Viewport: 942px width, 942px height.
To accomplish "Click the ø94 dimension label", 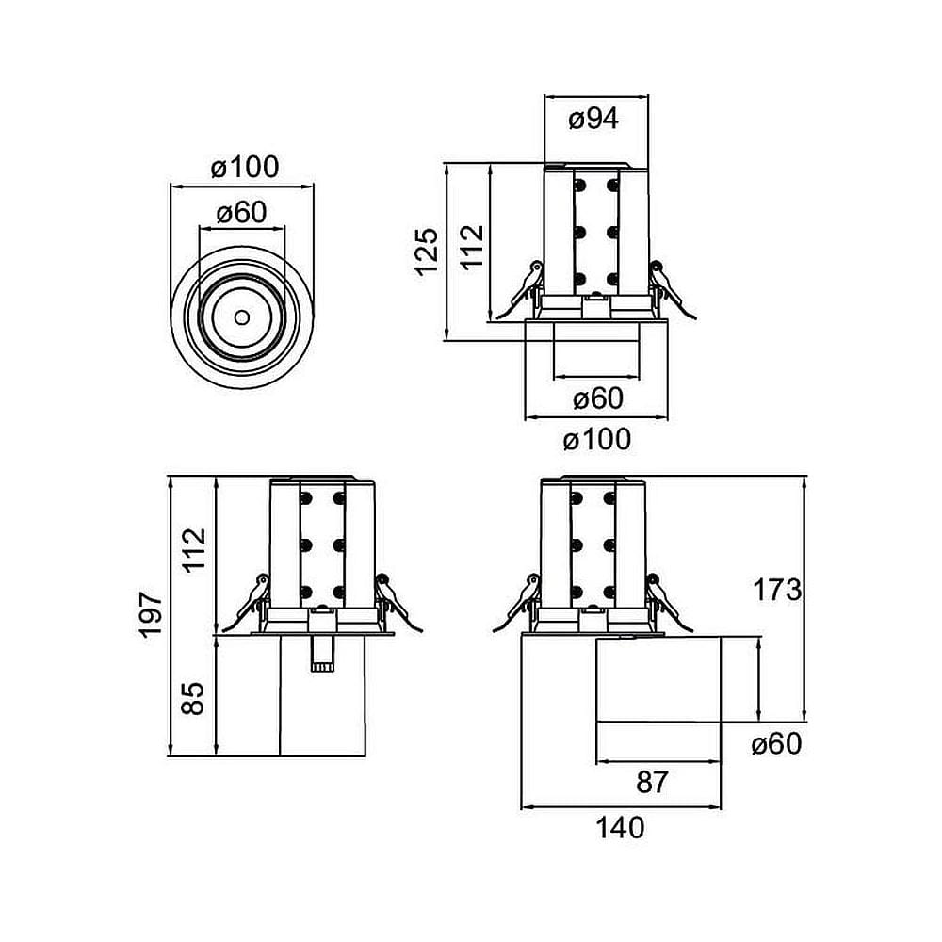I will click(x=594, y=119).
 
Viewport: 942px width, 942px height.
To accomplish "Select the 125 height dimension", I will click(x=427, y=251).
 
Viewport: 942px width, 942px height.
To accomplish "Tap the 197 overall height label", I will click(x=152, y=615).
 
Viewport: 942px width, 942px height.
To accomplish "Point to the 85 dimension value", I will click(x=192, y=697).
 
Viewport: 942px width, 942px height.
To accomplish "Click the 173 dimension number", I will click(x=777, y=591).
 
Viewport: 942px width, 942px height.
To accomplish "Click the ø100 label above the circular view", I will click(x=245, y=168).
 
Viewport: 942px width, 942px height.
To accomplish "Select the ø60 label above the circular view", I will click(x=241, y=213).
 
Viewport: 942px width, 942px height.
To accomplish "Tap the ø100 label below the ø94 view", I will click(x=596, y=439).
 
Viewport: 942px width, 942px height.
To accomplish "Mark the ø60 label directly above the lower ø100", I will click(x=598, y=398).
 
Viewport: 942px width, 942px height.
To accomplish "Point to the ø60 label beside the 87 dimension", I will click(x=776, y=744).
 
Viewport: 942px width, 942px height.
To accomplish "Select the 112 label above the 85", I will click(x=194, y=551).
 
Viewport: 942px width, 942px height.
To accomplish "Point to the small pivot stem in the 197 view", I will click(x=321, y=652).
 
